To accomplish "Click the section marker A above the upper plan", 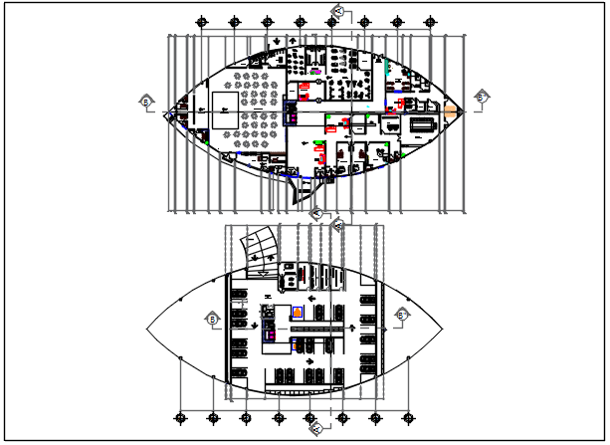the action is (x=337, y=11).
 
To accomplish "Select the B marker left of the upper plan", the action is (x=146, y=101).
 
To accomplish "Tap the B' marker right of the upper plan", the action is (x=482, y=97).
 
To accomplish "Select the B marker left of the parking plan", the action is (x=212, y=319).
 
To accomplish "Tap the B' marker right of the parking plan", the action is (x=402, y=315).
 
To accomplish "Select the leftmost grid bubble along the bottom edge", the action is (x=179, y=416).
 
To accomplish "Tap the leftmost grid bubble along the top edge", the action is (x=202, y=19).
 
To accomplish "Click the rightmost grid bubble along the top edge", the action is (x=428, y=19).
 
